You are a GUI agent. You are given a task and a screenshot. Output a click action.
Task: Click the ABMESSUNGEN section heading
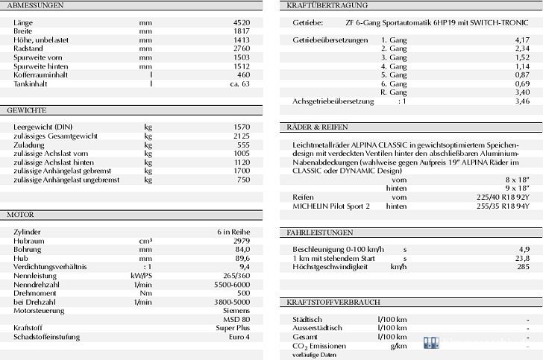[x=35, y=5]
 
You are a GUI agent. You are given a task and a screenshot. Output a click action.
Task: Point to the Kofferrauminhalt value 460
[x=244, y=75]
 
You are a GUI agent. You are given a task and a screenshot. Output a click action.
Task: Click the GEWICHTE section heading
[x=27, y=110]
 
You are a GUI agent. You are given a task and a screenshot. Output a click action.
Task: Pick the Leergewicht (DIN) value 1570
[x=242, y=127]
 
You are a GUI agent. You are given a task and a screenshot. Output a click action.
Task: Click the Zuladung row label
[x=28, y=145]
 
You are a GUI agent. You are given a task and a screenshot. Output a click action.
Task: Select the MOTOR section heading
[x=21, y=215]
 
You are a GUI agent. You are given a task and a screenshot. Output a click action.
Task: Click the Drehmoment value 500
[x=244, y=292]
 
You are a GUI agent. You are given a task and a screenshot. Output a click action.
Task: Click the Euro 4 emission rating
[x=239, y=337]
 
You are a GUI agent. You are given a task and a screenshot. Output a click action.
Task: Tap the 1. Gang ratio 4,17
[x=522, y=39]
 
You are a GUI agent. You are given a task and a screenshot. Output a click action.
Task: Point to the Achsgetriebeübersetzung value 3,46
[x=522, y=100]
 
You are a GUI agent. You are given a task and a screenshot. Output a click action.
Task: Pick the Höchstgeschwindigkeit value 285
[x=524, y=266]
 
